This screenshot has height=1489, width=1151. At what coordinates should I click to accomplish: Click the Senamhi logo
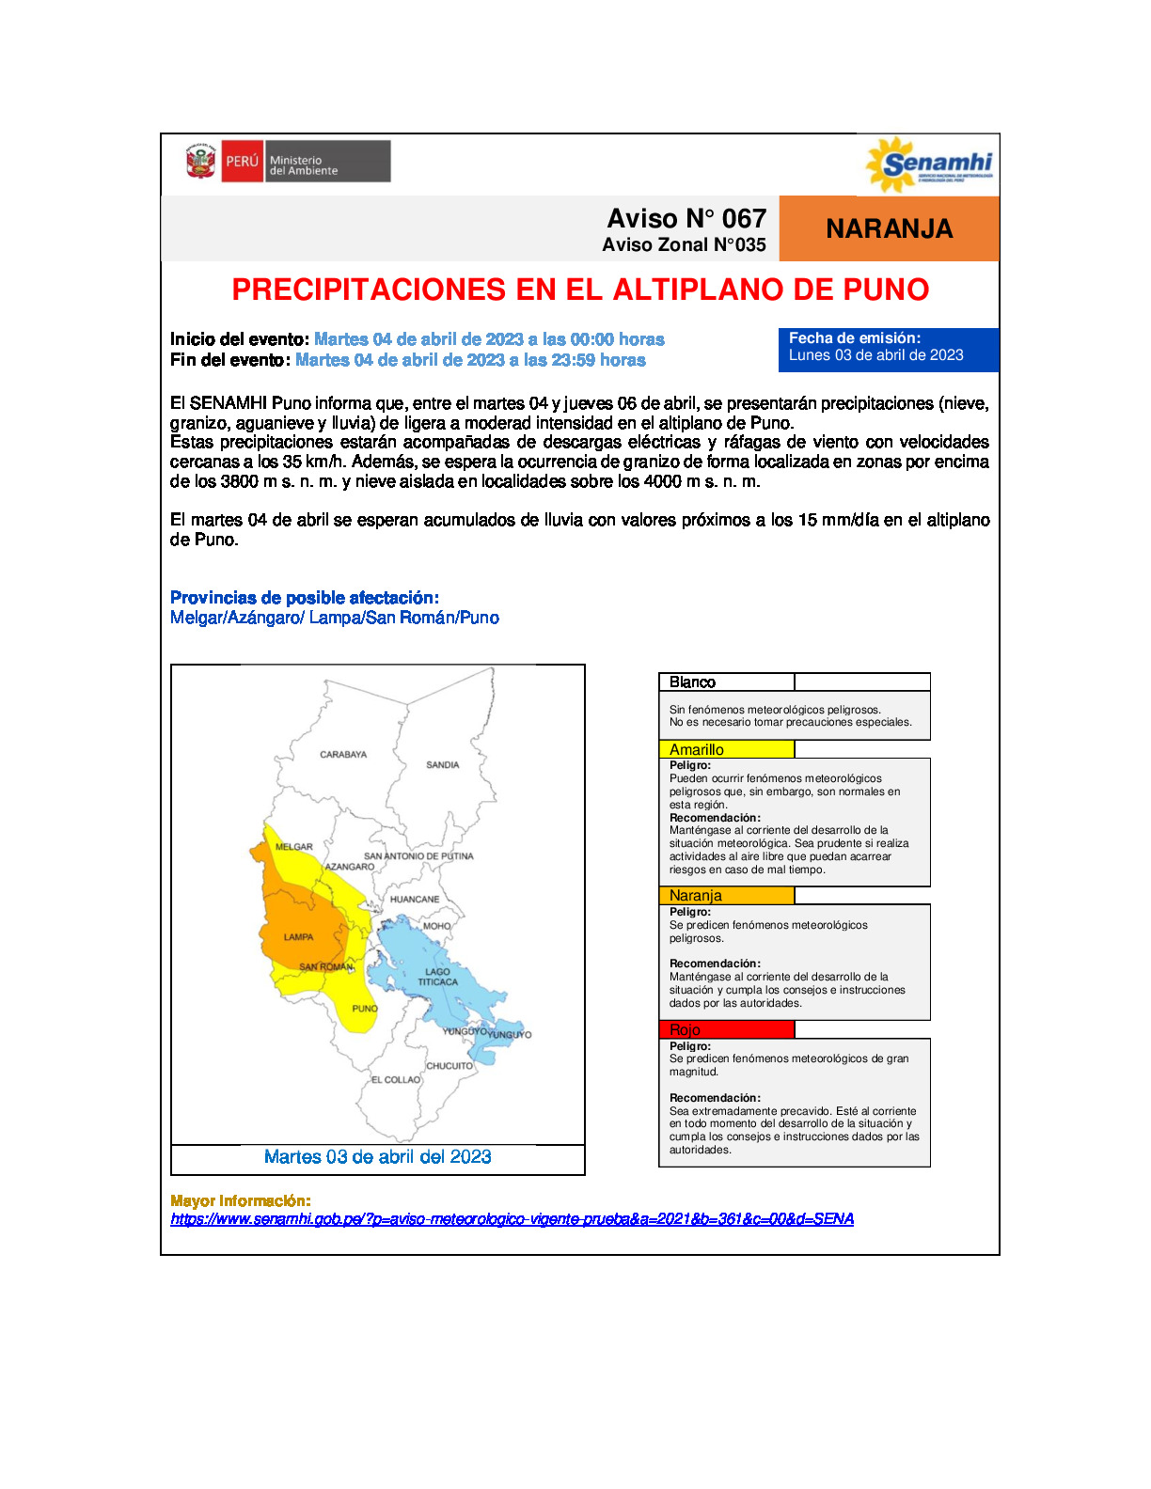pyautogui.click(x=929, y=165)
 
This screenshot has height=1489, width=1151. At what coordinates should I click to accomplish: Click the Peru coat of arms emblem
pyautogui.click(x=200, y=162)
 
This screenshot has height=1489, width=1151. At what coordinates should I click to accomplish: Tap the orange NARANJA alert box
pyautogui.click(x=889, y=228)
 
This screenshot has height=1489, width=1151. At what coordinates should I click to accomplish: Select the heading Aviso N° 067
pyautogui.click(x=686, y=219)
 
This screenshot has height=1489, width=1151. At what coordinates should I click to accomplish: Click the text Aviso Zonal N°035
pyautogui.click(x=684, y=245)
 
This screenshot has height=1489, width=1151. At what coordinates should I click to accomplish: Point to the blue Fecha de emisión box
pyautogui.click(x=888, y=348)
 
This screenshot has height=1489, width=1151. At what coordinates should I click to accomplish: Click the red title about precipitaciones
pyautogui.click(x=580, y=290)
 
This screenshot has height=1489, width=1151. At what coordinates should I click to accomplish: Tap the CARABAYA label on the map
pyautogui.click(x=343, y=755)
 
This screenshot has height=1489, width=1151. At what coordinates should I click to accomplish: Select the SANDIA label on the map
pyautogui.click(x=442, y=765)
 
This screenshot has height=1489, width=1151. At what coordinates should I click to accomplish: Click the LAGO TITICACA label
pyautogui.click(x=437, y=978)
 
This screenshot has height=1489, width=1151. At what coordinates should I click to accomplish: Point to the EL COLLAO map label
pyautogui.click(x=395, y=1080)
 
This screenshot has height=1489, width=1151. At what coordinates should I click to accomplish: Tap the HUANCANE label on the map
pyautogui.click(x=415, y=900)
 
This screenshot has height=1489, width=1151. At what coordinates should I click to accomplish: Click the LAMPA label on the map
pyautogui.click(x=298, y=937)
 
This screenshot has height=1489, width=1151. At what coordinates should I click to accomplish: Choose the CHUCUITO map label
pyautogui.click(x=449, y=1066)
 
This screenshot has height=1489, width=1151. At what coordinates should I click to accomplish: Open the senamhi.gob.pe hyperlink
pyautogui.click(x=512, y=1219)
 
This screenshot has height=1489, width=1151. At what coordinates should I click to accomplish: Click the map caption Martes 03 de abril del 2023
pyautogui.click(x=377, y=1157)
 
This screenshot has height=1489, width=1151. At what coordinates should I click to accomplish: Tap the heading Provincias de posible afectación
pyautogui.click(x=304, y=598)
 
